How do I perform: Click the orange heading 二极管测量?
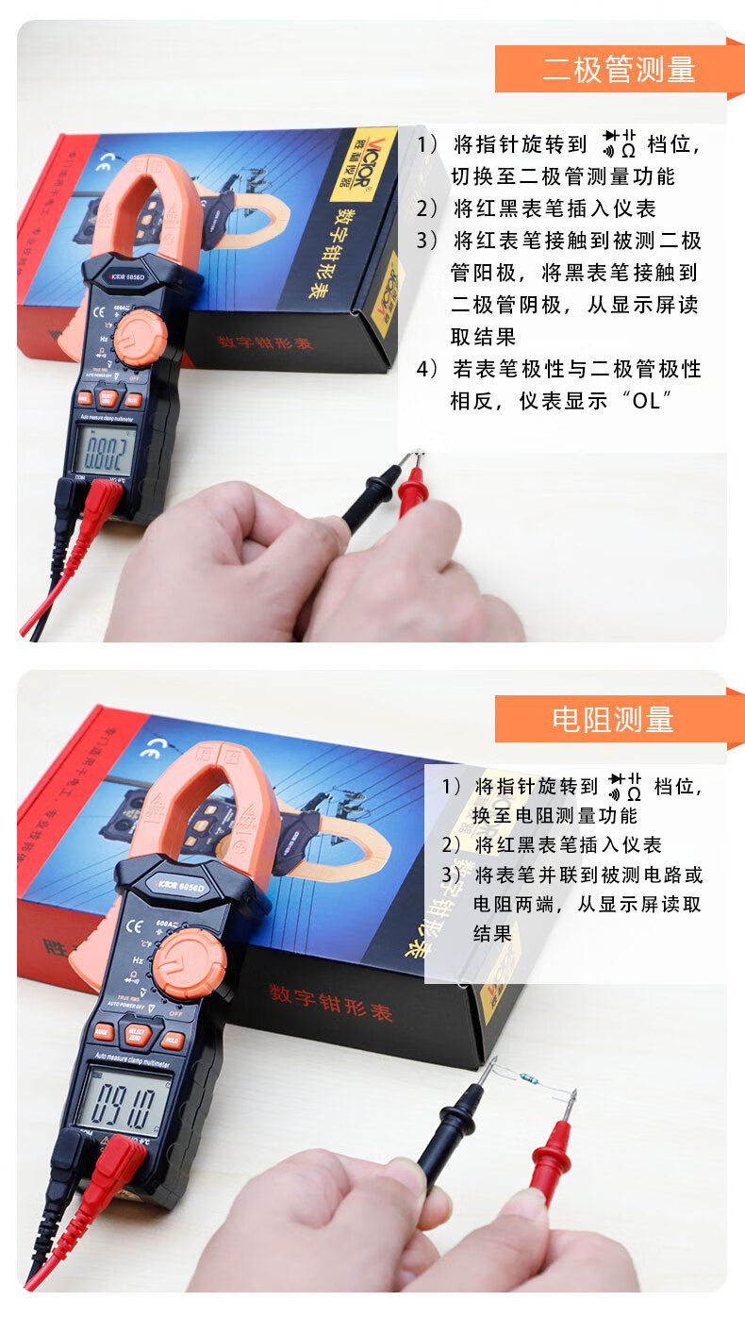pos(619,69)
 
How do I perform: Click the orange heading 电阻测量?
pos(613,719)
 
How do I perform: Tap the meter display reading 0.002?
pos(104,451)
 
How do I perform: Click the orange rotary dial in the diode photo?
pos(140,338)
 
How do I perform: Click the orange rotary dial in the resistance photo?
pos(190,963)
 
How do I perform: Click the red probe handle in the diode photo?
pos(412,492)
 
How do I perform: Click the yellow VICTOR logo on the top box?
pos(363,163)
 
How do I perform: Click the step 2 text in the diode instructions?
pos(551,208)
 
